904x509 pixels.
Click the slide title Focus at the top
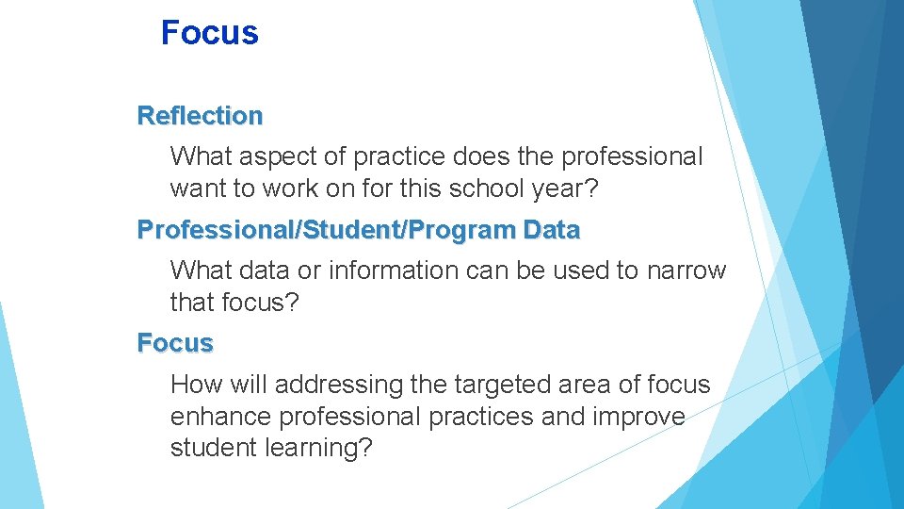[x=209, y=33]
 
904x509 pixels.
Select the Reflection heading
[x=200, y=116]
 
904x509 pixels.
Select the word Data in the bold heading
[x=553, y=230]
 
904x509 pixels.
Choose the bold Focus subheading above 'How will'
[x=175, y=343]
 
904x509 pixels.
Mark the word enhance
[x=218, y=417]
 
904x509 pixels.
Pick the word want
[x=198, y=189]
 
